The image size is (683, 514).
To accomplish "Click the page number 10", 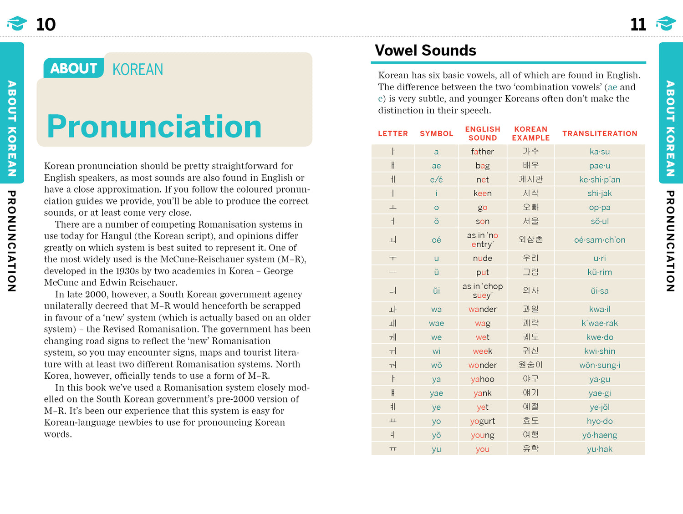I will tap(46, 25).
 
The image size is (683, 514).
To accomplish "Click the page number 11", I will tap(638, 25).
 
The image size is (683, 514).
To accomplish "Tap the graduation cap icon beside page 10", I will tap(17, 23).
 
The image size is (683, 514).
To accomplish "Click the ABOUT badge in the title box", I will tap(73, 68).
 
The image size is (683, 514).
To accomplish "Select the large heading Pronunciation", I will tap(154, 126).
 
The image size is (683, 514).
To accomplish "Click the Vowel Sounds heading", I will tap(425, 51).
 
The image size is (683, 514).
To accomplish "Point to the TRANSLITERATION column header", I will tap(599, 133).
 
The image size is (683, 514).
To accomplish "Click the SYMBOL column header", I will tap(436, 133).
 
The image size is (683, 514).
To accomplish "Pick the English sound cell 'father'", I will tap(482, 152).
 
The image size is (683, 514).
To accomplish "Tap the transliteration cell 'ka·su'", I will tap(599, 152).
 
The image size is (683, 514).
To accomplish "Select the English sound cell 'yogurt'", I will tap(482, 421).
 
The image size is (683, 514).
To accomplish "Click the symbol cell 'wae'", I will tap(436, 323).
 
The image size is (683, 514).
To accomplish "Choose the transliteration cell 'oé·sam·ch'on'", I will tap(599, 240).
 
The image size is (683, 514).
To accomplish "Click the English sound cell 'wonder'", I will tap(482, 365).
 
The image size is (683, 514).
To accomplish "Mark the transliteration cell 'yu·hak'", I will tap(599, 449).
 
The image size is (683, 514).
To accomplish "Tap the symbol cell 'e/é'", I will tap(436, 180).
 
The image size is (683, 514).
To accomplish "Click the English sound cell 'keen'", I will tap(482, 193).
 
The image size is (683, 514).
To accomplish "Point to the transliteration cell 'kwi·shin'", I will tap(599, 351).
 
